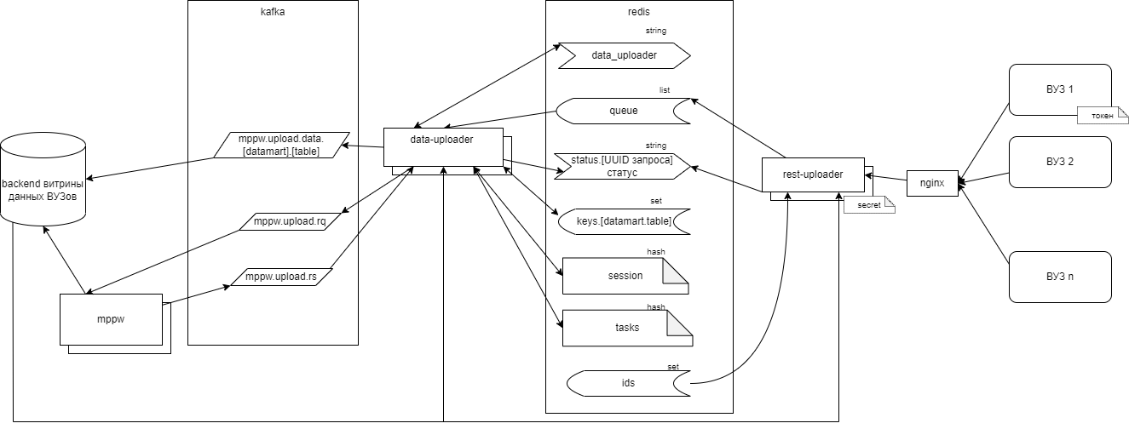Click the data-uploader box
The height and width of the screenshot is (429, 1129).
[442, 146]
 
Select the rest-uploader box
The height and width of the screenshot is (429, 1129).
[812, 174]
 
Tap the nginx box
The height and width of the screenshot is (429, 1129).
[932, 181]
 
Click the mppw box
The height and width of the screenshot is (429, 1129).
[111, 319]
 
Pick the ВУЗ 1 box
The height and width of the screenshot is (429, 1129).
[1059, 89]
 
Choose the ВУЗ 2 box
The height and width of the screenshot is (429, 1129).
[1059, 161]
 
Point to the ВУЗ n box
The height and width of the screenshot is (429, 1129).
[1059, 276]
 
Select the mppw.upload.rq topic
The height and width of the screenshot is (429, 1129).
[290, 221]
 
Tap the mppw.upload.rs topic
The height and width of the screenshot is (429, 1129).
[281, 277]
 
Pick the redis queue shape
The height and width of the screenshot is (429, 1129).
[623, 111]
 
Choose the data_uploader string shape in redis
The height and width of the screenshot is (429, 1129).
[624, 55]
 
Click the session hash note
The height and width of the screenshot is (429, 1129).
[624, 276]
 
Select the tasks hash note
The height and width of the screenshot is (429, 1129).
[626, 328]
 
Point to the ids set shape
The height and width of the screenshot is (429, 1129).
[628, 383]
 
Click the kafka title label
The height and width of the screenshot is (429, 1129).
[272, 14]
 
